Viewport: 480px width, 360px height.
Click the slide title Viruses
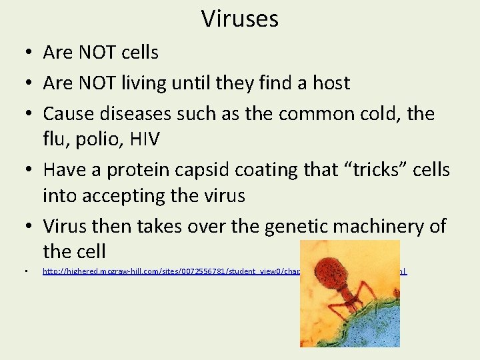click(240, 19)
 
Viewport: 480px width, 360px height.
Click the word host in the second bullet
click(327, 83)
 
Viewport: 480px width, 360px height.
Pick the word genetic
click(297, 227)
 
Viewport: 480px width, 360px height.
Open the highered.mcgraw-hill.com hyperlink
click(167, 271)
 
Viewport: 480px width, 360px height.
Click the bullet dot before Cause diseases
click(25, 114)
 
